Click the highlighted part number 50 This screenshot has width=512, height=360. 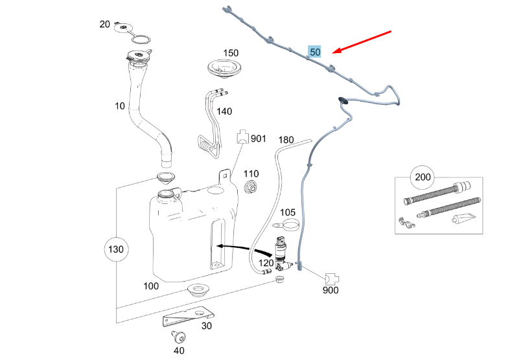pos(315,52)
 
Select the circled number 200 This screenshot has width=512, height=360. pos(423,177)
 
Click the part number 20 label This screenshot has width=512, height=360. pos(105,25)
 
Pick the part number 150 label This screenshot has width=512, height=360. pos(231,52)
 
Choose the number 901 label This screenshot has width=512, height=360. pos(259,138)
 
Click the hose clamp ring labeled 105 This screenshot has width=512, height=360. pos(290,226)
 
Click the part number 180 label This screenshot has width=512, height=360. pos(286,140)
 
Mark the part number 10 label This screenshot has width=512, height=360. pos(119,106)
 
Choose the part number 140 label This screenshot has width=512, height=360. pos(224,111)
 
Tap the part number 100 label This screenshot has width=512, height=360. pos(150,286)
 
